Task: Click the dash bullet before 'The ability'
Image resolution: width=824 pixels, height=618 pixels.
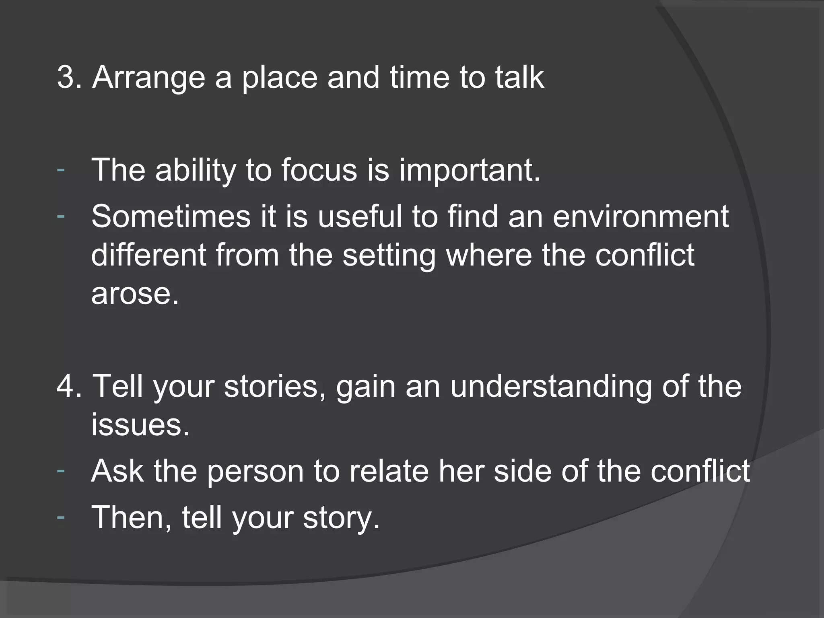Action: click(61, 169)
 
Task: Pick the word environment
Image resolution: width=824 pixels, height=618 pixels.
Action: click(641, 217)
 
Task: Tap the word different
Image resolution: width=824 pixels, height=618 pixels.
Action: click(148, 255)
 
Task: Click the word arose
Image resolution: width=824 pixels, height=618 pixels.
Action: click(135, 293)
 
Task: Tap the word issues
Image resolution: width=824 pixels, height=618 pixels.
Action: click(140, 424)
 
